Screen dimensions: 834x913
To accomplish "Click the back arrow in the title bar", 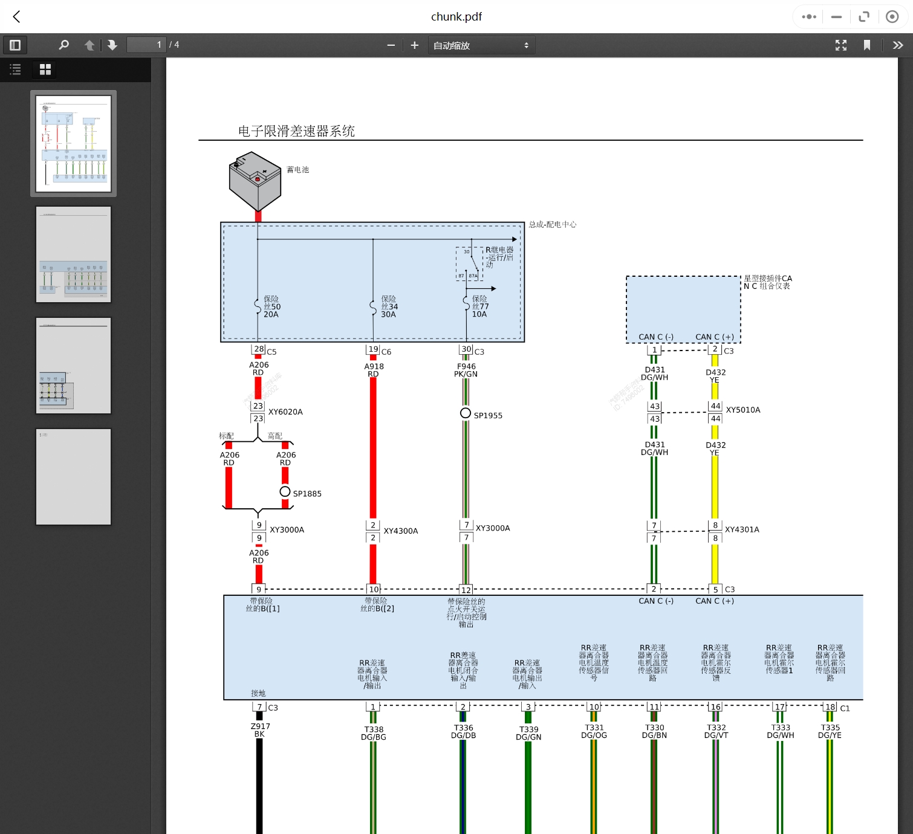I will click(x=17, y=17).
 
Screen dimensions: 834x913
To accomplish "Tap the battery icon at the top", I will click(x=255, y=181).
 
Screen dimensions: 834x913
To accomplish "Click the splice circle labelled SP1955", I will click(x=466, y=413).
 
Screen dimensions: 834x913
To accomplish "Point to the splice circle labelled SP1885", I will click(x=285, y=491).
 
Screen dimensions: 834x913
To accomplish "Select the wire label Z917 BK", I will click(x=260, y=730).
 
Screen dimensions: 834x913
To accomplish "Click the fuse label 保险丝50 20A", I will click(x=271, y=306).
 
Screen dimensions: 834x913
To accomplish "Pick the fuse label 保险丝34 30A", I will click(x=389, y=306).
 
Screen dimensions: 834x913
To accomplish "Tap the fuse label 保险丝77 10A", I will click(x=480, y=306).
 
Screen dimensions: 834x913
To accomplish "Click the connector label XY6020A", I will click(x=285, y=412).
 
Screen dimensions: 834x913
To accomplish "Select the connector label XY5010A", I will click(x=743, y=410).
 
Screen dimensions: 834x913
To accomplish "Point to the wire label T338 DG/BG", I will click(x=374, y=733).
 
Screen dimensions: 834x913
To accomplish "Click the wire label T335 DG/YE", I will click(x=830, y=731).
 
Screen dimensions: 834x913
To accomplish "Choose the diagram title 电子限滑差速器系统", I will click(x=296, y=131).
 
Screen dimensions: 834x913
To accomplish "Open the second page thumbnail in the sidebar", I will click(x=73, y=254).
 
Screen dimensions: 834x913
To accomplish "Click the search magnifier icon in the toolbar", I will click(x=63, y=45).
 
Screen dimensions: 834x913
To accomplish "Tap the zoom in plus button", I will click(x=415, y=45).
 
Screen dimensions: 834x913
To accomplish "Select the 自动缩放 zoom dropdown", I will click(x=481, y=45).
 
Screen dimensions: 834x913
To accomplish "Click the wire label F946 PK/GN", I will click(x=466, y=370).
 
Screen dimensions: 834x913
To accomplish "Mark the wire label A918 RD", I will click(x=374, y=370).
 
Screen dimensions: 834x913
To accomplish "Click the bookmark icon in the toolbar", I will click(x=866, y=45).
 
